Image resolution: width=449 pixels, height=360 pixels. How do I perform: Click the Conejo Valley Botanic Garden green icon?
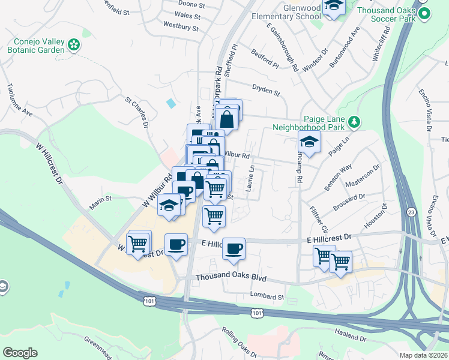[74, 44]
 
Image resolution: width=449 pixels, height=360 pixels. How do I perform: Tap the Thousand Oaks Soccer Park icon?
[424, 13]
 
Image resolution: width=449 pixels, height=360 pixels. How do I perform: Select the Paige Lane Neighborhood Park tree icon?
[354, 122]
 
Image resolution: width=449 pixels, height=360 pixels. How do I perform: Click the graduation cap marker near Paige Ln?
[309, 142]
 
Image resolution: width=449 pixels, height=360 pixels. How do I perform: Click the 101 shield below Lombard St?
[257, 313]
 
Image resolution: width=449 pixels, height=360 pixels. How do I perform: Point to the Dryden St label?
[266, 92]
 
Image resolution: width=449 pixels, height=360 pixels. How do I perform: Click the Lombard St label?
[267, 296]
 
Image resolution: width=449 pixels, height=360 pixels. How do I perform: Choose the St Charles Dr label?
[136, 112]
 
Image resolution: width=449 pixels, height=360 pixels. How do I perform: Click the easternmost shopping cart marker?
[340, 261]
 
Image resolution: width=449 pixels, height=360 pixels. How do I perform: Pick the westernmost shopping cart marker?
[139, 243]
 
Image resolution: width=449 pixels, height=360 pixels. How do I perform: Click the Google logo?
[20, 353]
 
